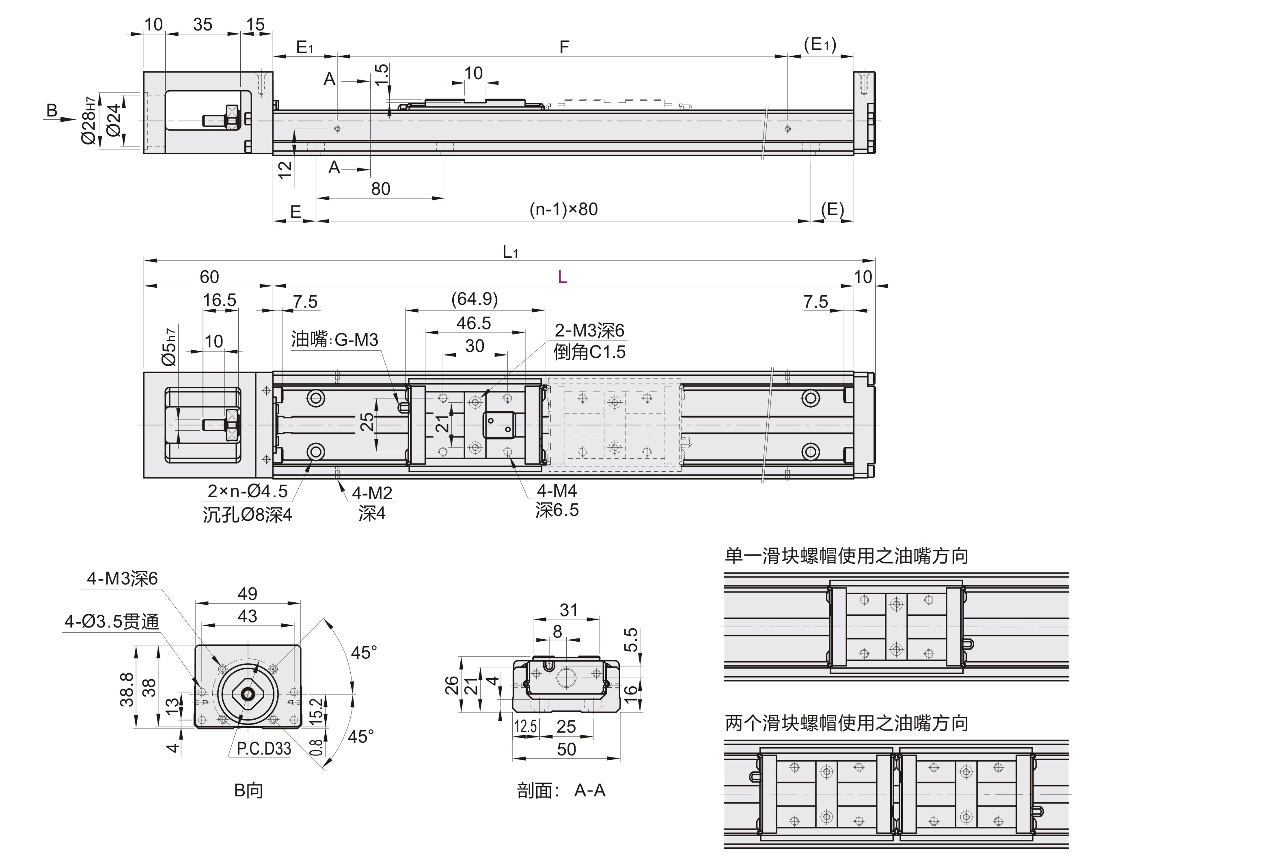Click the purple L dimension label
coord(562,277)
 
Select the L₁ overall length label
coord(510,252)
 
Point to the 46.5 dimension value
coord(474,323)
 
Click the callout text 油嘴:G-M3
coord(334,340)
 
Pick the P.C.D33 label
coord(264,748)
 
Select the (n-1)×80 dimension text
coord(563,209)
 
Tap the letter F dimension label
coord(564,47)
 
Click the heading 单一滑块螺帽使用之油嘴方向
coord(846,556)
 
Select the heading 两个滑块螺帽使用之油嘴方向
coord(846,723)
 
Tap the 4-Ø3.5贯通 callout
coord(112,621)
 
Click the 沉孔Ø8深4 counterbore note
coord(247,515)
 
